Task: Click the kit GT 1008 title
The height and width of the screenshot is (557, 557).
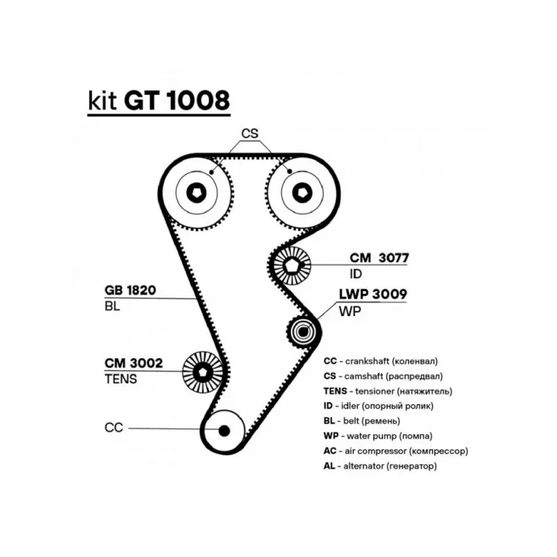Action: pyautogui.click(x=159, y=101)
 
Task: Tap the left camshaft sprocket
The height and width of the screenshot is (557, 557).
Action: pyautogui.click(x=198, y=191)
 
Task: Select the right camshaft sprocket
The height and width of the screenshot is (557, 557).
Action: pyautogui.click(x=301, y=191)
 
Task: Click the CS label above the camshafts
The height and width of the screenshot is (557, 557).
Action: pyautogui.click(x=249, y=133)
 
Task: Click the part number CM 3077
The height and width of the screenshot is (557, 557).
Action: pyautogui.click(x=379, y=258)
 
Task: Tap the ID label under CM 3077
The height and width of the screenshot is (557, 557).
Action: pyautogui.click(x=356, y=274)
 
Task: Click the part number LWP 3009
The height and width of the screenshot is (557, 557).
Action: pyautogui.click(x=372, y=295)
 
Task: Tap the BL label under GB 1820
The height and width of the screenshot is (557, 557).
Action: pyautogui.click(x=113, y=306)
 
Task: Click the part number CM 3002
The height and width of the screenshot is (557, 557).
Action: pyautogui.click(x=134, y=363)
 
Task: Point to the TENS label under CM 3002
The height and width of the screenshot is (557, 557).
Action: pyautogui.click(x=120, y=379)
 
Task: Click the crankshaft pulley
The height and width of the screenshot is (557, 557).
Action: pyautogui.click(x=223, y=430)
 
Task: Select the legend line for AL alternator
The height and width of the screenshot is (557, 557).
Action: pyautogui.click(x=380, y=466)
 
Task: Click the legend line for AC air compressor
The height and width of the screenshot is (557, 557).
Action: pyautogui.click(x=395, y=451)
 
